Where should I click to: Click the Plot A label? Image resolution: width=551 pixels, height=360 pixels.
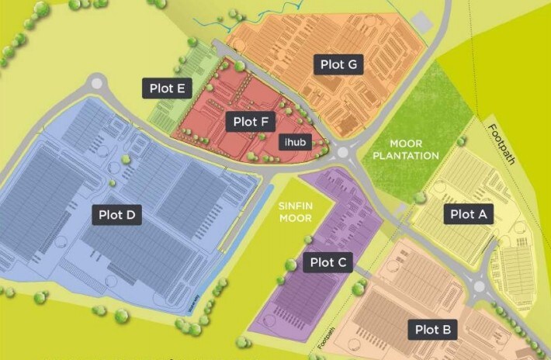pos(468,213)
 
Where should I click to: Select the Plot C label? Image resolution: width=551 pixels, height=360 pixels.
pos(327,262)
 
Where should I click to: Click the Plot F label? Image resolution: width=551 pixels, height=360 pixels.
pos(250,121)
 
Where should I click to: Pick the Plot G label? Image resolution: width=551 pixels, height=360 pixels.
pos(338,65)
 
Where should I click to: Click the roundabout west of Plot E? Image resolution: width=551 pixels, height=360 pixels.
pos(96,82)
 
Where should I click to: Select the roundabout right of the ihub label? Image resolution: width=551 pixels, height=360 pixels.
pos(345,151)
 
